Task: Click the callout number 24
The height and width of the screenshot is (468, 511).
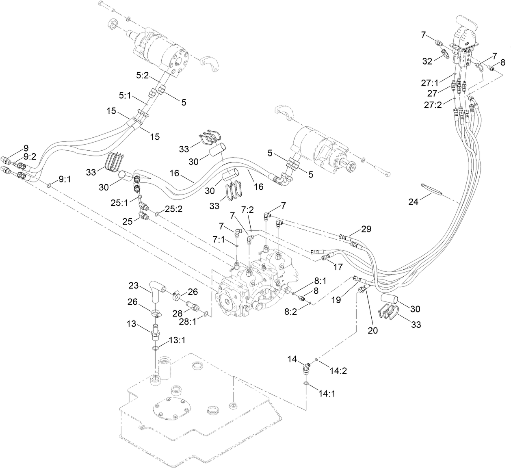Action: pyautogui.click(x=413, y=201)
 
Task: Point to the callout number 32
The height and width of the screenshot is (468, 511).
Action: pyautogui.click(x=427, y=61)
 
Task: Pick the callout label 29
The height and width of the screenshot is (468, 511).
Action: pyautogui.click(x=366, y=229)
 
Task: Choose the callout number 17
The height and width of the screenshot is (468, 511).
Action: pyautogui.click(x=337, y=267)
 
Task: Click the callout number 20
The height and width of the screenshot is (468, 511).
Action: pyautogui.click(x=372, y=330)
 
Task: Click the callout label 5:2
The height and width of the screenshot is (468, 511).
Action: pyautogui.click(x=142, y=75)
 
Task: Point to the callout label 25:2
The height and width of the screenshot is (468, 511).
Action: pyautogui.click(x=173, y=209)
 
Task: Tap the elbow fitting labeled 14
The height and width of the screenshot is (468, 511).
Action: pyautogui.click(x=305, y=369)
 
